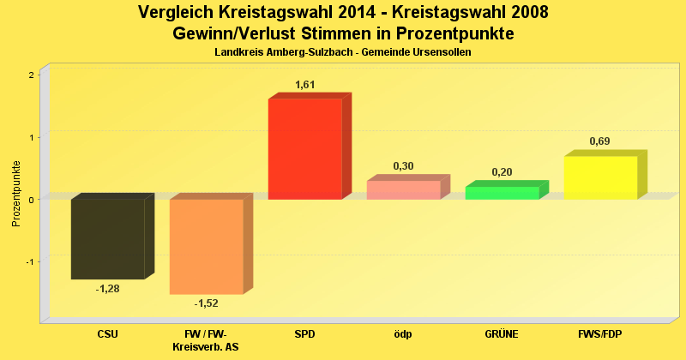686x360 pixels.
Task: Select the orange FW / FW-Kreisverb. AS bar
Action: [206, 246]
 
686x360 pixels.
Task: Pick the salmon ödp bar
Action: [403, 189]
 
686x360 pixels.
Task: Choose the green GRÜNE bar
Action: [502, 193]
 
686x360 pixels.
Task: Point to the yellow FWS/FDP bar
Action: [600, 177]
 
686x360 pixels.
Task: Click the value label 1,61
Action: [306, 84]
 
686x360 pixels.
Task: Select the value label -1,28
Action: [107, 288]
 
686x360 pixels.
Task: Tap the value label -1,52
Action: [206, 303]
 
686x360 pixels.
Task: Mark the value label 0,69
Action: [599, 141]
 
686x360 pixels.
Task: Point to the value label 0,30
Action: [403, 165]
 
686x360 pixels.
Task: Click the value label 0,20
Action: [502, 172]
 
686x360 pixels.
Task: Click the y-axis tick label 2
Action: [32, 75]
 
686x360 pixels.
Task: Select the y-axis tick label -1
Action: [30, 262]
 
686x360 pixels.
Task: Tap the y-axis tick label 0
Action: [32, 200]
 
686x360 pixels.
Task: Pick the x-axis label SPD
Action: [304, 333]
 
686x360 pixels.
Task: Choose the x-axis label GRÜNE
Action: [502, 333]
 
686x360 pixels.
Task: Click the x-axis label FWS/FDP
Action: [600, 333]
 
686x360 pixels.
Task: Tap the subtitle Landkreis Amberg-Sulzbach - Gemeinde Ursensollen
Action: [343, 52]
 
